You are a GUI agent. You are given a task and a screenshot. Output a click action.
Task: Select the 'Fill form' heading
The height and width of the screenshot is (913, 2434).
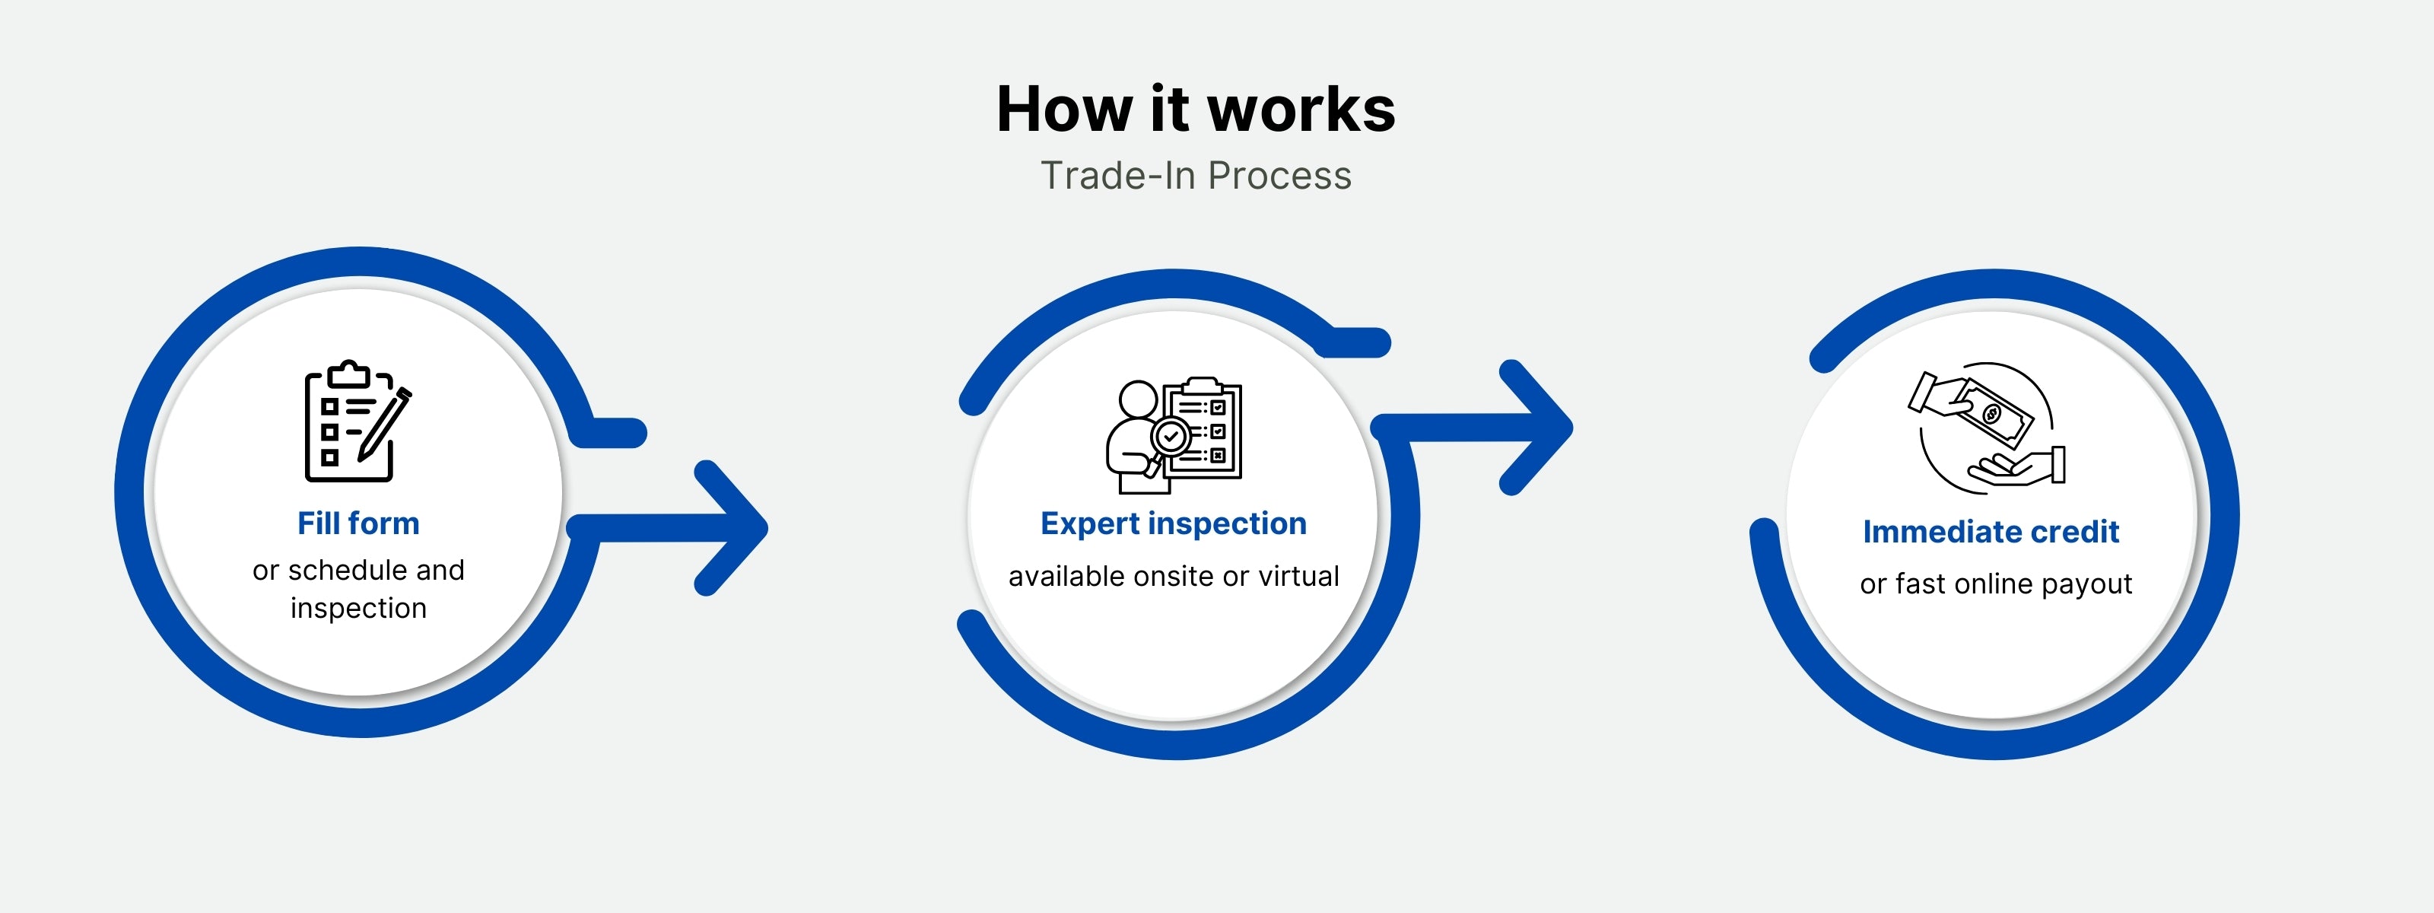(358, 523)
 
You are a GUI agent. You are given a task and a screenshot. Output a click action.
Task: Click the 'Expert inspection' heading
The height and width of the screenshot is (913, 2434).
(1173, 523)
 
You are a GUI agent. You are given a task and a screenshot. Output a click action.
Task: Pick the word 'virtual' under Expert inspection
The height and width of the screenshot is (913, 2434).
(1298, 577)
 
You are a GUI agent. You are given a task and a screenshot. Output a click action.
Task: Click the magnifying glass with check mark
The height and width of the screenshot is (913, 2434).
(1170, 438)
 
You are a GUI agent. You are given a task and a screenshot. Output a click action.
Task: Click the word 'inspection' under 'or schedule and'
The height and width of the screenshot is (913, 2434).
(358, 609)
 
